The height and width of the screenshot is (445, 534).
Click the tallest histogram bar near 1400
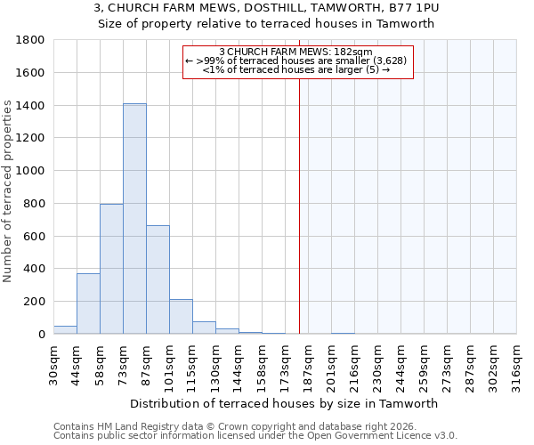[x=134, y=218]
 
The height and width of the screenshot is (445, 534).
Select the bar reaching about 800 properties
[x=111, y=269]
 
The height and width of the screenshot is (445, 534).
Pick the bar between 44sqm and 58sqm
[x=88, y=303]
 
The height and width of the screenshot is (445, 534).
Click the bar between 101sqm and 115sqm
[x=181, y=317]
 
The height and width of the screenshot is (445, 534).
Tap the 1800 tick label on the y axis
[x=31, y=40]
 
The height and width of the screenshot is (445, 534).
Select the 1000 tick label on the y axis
[x=31, y=171]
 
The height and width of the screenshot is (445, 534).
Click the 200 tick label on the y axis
[x=35, y=302]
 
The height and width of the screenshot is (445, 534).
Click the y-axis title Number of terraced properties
[x=8, y=191]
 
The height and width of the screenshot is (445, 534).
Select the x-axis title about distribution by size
[x=284, y=403]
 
